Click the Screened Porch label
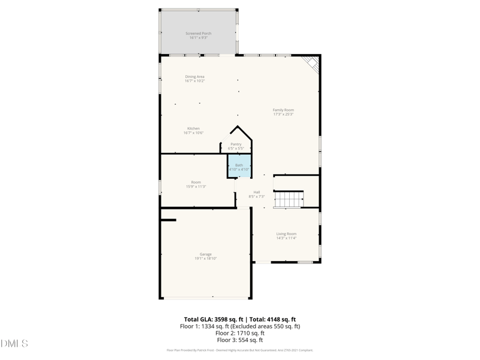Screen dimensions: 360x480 198,34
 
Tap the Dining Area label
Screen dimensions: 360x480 194,77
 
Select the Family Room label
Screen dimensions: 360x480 283,110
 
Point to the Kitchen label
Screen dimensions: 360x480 193,128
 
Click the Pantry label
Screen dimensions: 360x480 236,144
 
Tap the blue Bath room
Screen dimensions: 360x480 239,167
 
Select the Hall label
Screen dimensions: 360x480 257,192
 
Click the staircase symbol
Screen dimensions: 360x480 289,199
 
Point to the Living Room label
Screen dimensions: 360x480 286,233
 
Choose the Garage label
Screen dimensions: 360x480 205,254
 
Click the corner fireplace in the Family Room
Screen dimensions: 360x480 311,64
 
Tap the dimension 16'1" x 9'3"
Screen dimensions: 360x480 198,38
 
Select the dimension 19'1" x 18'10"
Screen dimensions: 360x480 205,259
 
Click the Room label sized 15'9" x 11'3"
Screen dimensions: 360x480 196,182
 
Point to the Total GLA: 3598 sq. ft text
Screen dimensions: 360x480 213,319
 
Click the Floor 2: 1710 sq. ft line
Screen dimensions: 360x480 239,333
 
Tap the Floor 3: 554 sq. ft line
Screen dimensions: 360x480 239,340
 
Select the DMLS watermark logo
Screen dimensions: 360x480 14,343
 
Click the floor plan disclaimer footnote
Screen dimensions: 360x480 239,350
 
